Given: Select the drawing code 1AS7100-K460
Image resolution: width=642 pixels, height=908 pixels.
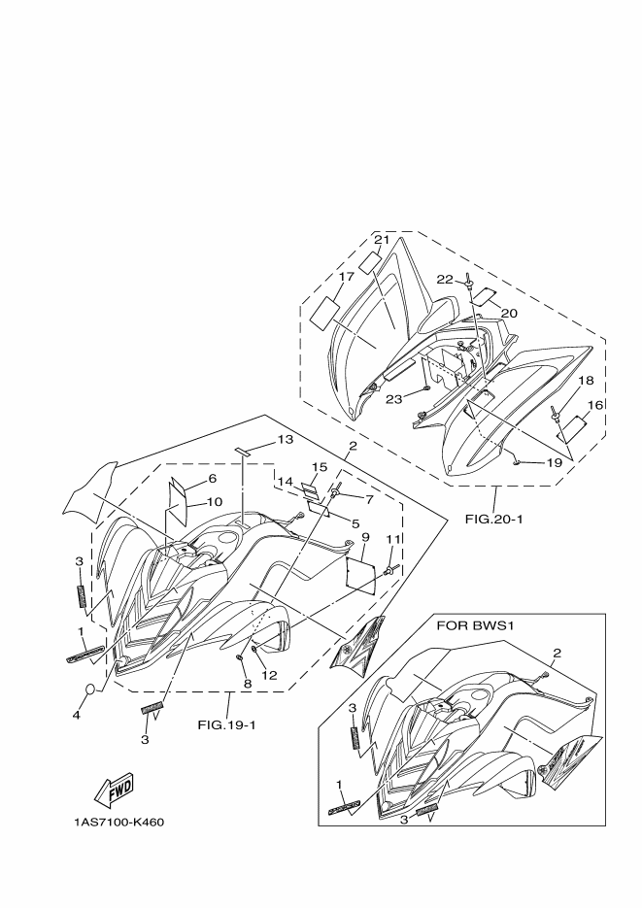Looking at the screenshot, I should point(118,823).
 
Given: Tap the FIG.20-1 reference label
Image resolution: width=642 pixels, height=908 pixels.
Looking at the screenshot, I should point(493,519).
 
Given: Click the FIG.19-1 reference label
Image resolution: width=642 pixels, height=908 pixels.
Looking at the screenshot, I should point(226,723).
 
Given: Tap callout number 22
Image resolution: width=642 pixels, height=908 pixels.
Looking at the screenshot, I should point(444,279).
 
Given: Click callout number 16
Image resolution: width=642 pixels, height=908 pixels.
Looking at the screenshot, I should point(593,404).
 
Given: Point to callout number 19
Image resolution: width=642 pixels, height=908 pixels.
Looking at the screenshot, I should point(554,463).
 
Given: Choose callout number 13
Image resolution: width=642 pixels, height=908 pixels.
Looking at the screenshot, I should point(284,439).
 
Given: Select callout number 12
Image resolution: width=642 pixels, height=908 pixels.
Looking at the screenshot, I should point(269,675).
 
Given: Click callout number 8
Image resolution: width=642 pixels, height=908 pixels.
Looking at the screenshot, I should point(248,684).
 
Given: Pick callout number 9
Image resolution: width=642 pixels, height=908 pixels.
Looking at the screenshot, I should point(364,537).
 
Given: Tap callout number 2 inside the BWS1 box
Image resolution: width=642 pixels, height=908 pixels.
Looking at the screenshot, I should point(557,653).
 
